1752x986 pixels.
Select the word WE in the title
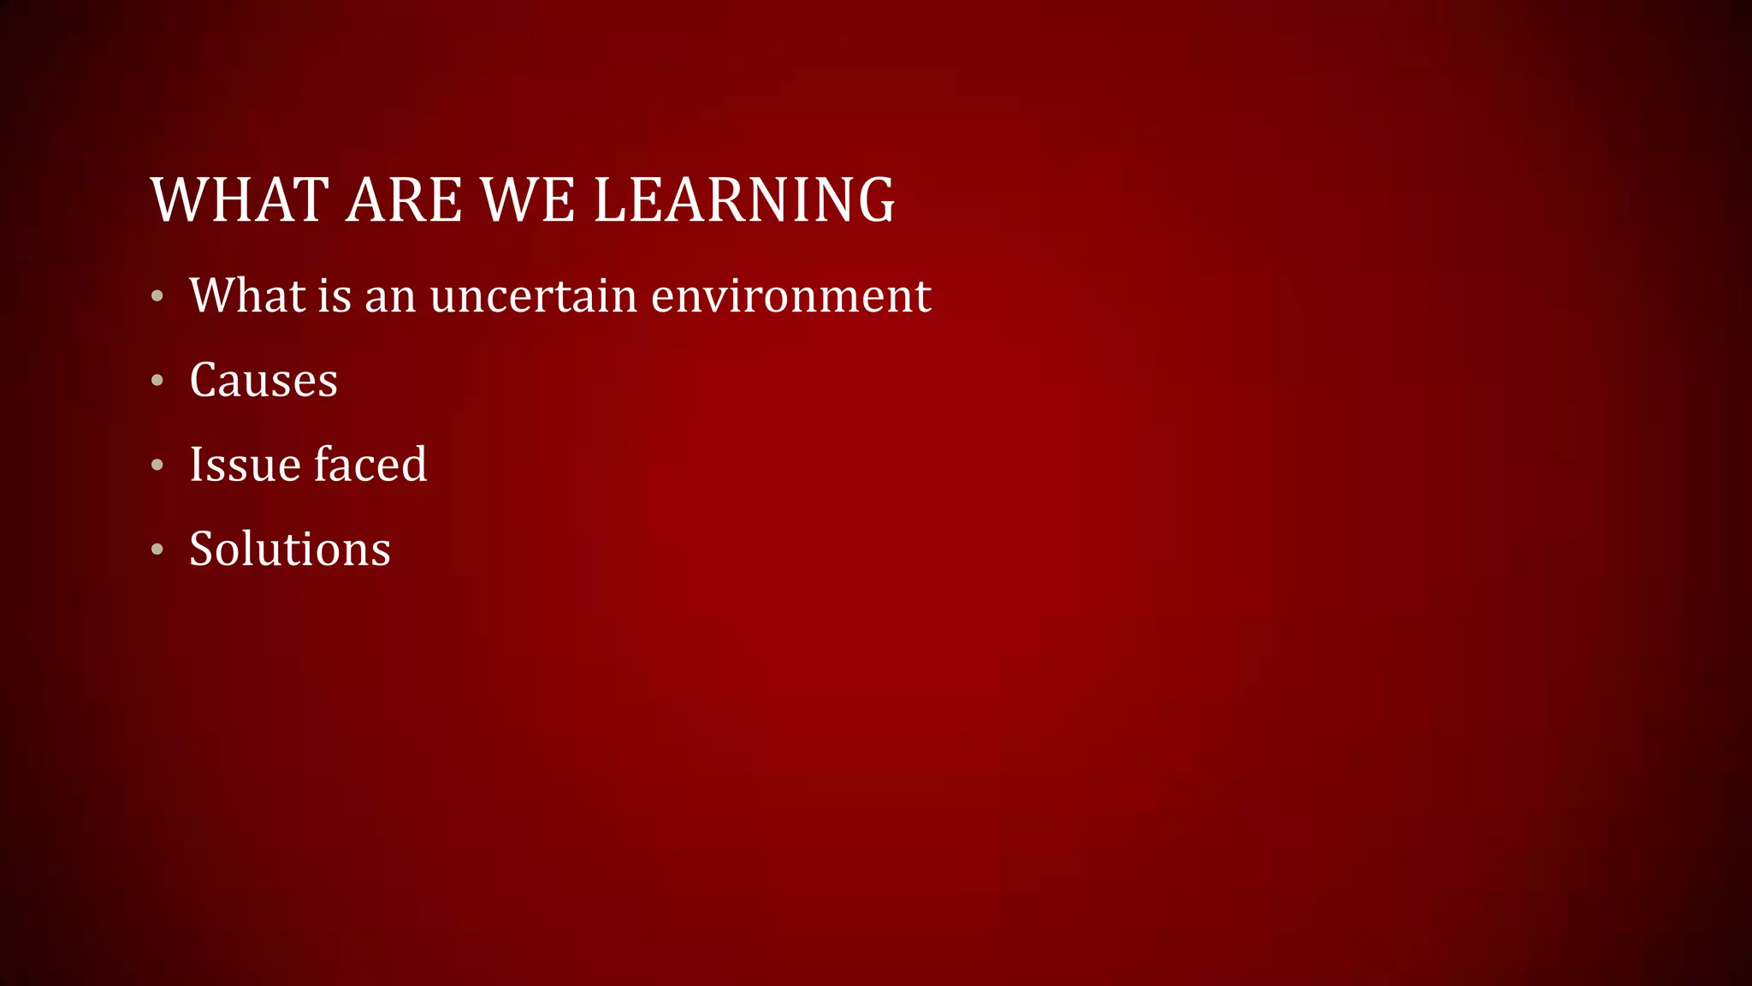[528, 200]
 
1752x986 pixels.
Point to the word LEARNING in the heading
[743, 200]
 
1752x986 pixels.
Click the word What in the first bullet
[247, 295]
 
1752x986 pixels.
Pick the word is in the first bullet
[334, 295]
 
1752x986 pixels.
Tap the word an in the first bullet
[390, 297]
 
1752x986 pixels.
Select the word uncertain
[534, 295]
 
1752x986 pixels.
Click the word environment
[790, 295]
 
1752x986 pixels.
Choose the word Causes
[263, 380]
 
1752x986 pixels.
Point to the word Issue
[245, 465]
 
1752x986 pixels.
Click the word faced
[370, 465]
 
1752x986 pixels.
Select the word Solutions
[290, 549]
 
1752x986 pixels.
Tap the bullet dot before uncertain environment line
[157, 296]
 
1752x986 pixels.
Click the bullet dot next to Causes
[157, 380]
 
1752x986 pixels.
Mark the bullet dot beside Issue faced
[157, 465]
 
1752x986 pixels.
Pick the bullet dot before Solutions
[157, 549]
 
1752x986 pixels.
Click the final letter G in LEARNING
[875, 200]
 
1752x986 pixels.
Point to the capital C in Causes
[204, 380]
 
